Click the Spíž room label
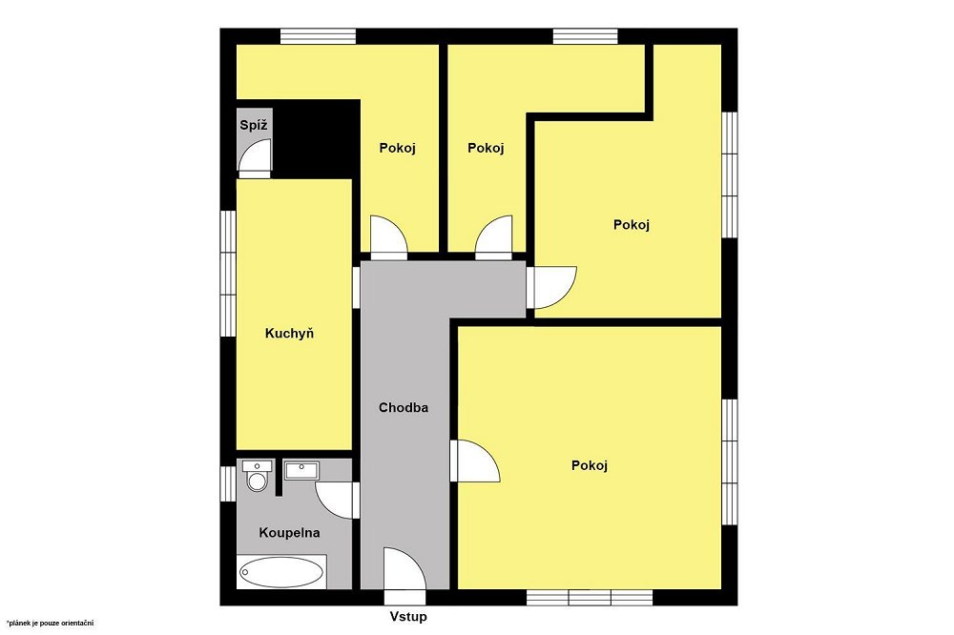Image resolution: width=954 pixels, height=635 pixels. [x=253, y=126]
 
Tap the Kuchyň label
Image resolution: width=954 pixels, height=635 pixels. [x=290, y=334]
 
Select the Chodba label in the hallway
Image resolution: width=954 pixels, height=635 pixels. [x=404, y=407]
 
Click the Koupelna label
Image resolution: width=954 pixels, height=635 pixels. [x=290, y=533]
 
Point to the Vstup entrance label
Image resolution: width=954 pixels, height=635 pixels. [x=408, y=617]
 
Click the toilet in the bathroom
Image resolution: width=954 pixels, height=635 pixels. [x=258, y=476]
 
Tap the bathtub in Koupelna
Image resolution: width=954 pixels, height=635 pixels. [x=281, y=572]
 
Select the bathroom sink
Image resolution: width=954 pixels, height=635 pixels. [x=301, y=470]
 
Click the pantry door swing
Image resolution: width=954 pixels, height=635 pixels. [x=255, y=157]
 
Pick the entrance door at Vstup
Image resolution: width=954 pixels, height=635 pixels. [x=404, y=568]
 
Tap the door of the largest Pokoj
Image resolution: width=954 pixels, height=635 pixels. [x=474, y=461]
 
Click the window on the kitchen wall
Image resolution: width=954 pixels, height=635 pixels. [x=228, y=273]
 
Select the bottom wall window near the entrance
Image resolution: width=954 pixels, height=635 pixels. [x=590, y=597]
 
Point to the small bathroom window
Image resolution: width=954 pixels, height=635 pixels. [x=228, y=483]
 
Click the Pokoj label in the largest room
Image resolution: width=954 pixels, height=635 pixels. [x=590, y=466]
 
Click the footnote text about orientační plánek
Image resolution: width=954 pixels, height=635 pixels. [x=51, y=623]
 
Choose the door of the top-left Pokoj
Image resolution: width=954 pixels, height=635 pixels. [x=389, y=237]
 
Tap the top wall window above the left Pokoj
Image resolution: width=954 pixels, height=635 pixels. [x=319, y=36]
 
